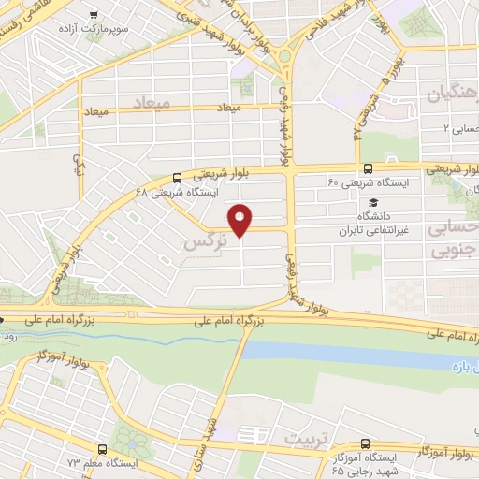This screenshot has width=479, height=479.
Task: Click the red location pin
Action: coord(241,221)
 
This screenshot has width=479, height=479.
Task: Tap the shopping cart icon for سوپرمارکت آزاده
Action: coord(94,15)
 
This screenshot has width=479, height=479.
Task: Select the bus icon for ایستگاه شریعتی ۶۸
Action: coord(178,177)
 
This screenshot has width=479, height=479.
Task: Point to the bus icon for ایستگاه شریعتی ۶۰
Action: coord(368,169)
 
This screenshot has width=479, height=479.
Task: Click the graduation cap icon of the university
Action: coord(373,202)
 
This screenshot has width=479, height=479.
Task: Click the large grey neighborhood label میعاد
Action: coord(150,100)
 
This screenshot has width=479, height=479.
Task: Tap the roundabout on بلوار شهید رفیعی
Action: coord(284,60)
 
